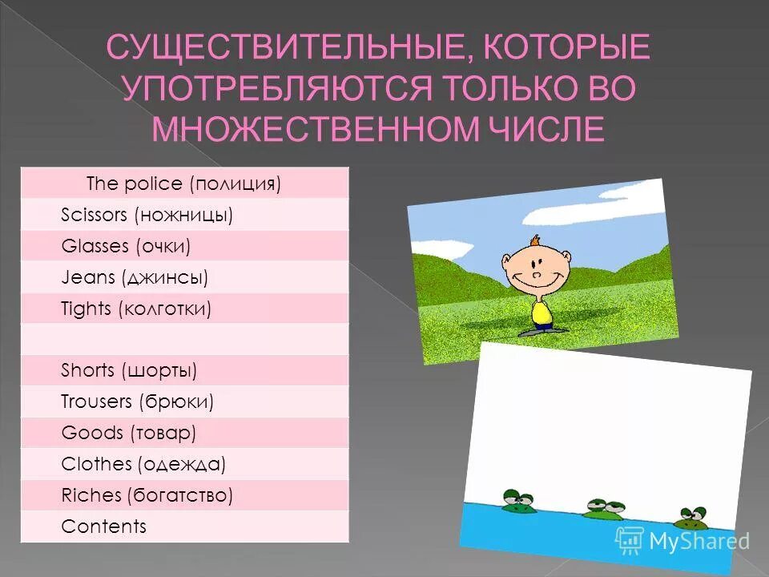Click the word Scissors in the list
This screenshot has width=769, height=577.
pos(95,215)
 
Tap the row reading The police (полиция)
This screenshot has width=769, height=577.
pos(184,184)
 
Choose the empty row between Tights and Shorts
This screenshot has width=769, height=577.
pos(184,339)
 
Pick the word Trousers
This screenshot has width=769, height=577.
pos(97,401)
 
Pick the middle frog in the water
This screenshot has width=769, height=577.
pos(602,508)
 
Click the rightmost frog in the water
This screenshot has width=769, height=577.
pos(691,518)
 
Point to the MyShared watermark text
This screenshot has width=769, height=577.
pos(699,542)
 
